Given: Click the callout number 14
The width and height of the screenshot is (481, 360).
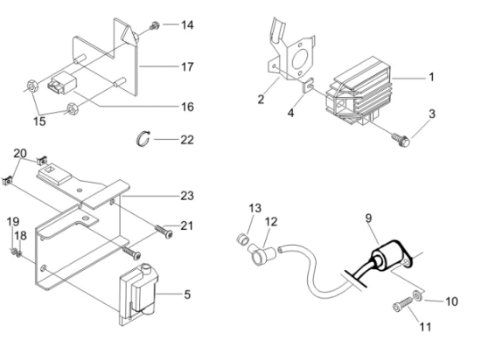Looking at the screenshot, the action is tap(187, 24).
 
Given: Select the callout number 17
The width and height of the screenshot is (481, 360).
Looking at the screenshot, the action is tap(187, 66).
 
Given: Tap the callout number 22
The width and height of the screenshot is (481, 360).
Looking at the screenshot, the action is tap(187, 140).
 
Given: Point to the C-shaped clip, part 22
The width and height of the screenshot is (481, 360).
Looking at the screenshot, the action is tap(143, 138).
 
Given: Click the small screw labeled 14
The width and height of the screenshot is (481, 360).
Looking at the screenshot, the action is tap(154, 26).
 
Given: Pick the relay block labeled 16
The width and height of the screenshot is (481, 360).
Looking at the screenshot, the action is tap(62, 82).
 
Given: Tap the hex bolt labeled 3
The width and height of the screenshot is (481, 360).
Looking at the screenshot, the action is tap(401, 140).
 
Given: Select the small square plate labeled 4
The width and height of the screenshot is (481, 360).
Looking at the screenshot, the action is tap(308, 86).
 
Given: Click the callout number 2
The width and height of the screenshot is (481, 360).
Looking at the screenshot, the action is tap(261, 100).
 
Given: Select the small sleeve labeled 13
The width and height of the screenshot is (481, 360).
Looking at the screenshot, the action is tap(242, 239).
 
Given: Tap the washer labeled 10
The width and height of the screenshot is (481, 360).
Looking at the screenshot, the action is tap(417, 295).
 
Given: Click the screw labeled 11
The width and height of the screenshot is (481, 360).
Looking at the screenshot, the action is tap(403, 304).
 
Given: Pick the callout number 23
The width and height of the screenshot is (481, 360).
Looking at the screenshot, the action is tap(187, 196).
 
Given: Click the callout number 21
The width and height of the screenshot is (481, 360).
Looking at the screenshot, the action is tap(187, 225).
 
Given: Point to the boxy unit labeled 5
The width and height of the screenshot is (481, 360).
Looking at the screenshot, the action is tap(139, 294).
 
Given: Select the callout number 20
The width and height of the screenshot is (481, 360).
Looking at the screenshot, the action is tap(20, 153).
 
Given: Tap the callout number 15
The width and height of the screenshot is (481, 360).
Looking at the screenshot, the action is tap(39, 121).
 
